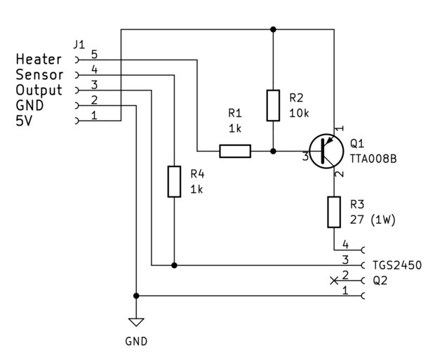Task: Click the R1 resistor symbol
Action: (235, 151)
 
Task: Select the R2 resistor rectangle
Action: (273, 105)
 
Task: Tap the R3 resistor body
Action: (334, 212)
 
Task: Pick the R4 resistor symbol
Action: (174, 182)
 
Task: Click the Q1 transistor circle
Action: (326, 151)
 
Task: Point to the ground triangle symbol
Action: (136, 322)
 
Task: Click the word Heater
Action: (39, 60)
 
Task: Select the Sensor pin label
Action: (39, 74)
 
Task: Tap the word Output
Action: (39, 91)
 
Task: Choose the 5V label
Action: (24, 121)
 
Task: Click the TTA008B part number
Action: (373, 159)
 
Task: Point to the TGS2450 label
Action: (396, 265)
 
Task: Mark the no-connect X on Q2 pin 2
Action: (334, 281)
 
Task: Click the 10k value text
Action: (299, 113)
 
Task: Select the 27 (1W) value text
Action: (373, 220)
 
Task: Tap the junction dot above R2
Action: (273, 29)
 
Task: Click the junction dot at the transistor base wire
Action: (273, 151)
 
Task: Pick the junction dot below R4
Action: (174, 265)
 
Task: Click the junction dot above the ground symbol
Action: (136, 296)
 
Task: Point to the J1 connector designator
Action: (79, 44)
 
